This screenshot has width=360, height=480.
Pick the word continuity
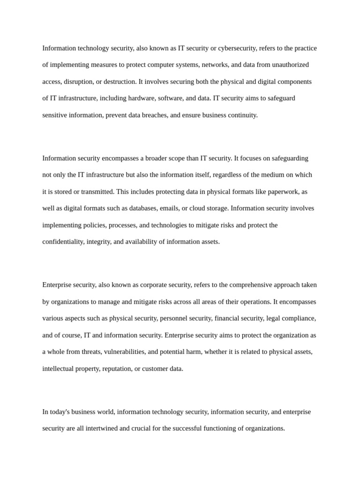(241, 115)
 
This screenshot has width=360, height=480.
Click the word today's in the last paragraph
(60, 412)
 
